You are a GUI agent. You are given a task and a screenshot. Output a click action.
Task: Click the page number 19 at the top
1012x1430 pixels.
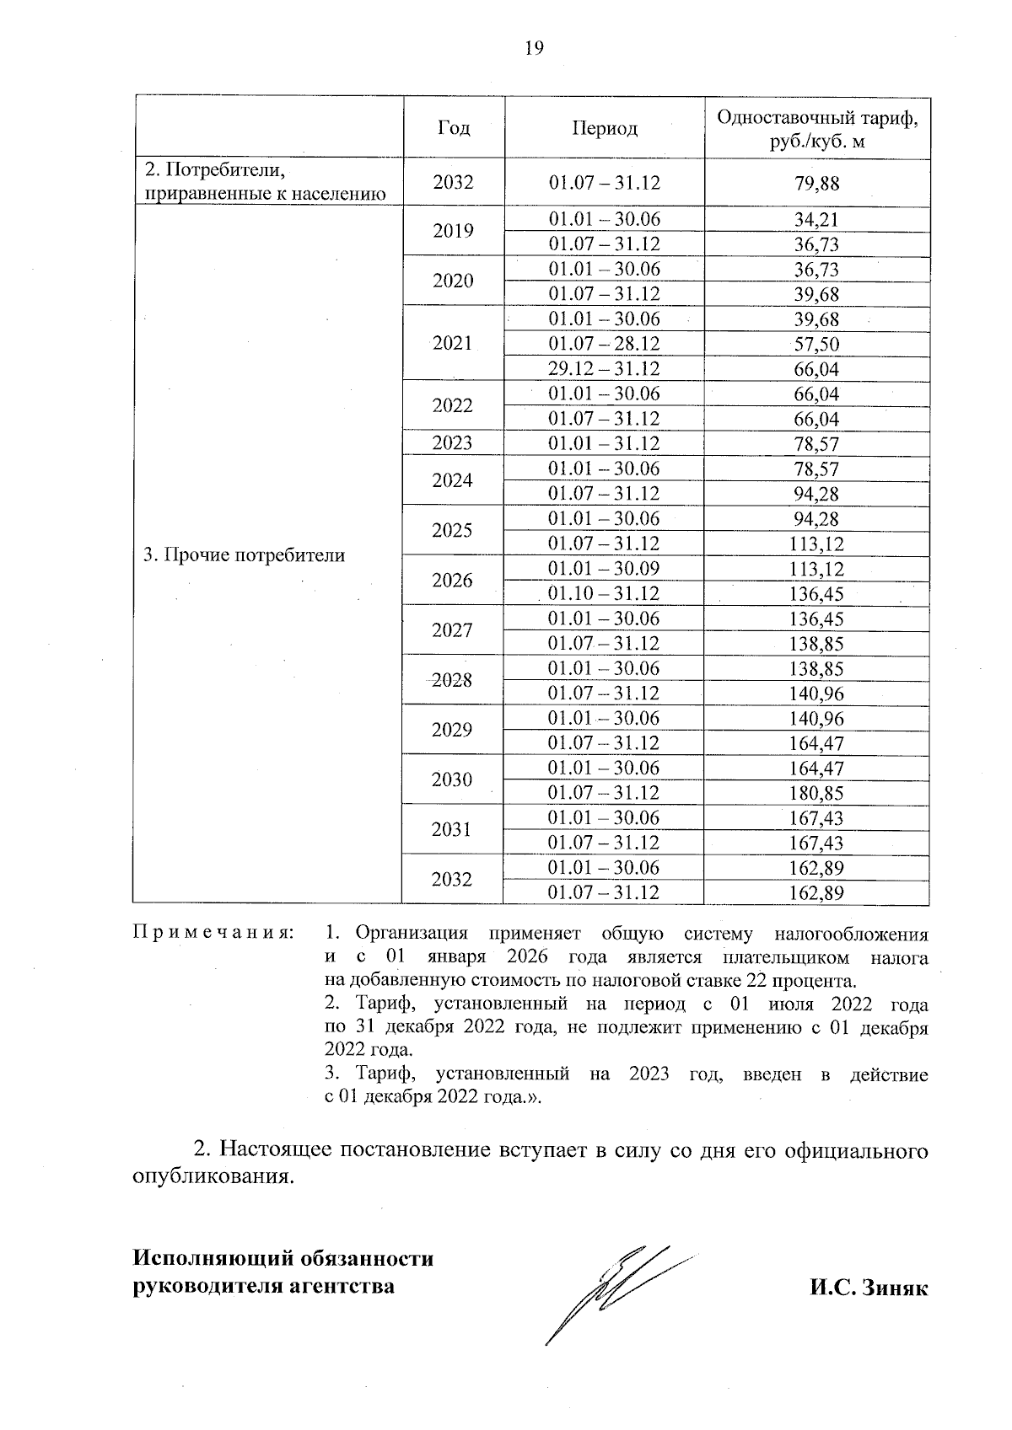pyautogui.click(x=534, y=48)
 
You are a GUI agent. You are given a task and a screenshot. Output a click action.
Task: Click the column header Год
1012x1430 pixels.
pyautogui.click(x=454, y=128)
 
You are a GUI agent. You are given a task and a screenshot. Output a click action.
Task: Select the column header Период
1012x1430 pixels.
pyautogui.click(x=605, y=128)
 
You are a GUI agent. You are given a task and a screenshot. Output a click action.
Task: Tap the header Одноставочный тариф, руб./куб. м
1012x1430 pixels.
pyautogui.click(x=817, y=129)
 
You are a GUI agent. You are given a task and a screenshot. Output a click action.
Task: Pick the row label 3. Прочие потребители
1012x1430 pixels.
pyautogui.click(x=244, y=555)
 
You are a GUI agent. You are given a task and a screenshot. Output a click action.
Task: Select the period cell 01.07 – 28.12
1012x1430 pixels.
pyautogui.click(x=604, y=344)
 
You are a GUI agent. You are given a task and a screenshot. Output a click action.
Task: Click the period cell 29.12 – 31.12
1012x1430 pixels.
pyautogui.click(x=604, y=369)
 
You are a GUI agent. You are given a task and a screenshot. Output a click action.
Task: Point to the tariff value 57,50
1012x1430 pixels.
pyautogui.click(x=817, y=344)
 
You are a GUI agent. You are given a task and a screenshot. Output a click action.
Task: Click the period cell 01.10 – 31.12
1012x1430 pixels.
pyautogui.click(x=604, y=593)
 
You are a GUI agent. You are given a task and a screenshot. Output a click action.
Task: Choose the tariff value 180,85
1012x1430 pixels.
pyautogui.click(x=816, y=793)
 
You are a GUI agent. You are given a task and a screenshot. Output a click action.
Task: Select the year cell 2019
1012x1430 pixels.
pyautogui.click(x=453, y=231)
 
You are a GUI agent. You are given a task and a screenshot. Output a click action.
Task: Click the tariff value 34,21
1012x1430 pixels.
pyautogui.click(x=816, y=220)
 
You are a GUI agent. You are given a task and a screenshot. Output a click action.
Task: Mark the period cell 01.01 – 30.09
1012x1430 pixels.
pyautogui.click(x=604, y=569)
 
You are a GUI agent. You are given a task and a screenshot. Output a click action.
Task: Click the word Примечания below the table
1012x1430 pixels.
pyautogui.click(x=214, y=934)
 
